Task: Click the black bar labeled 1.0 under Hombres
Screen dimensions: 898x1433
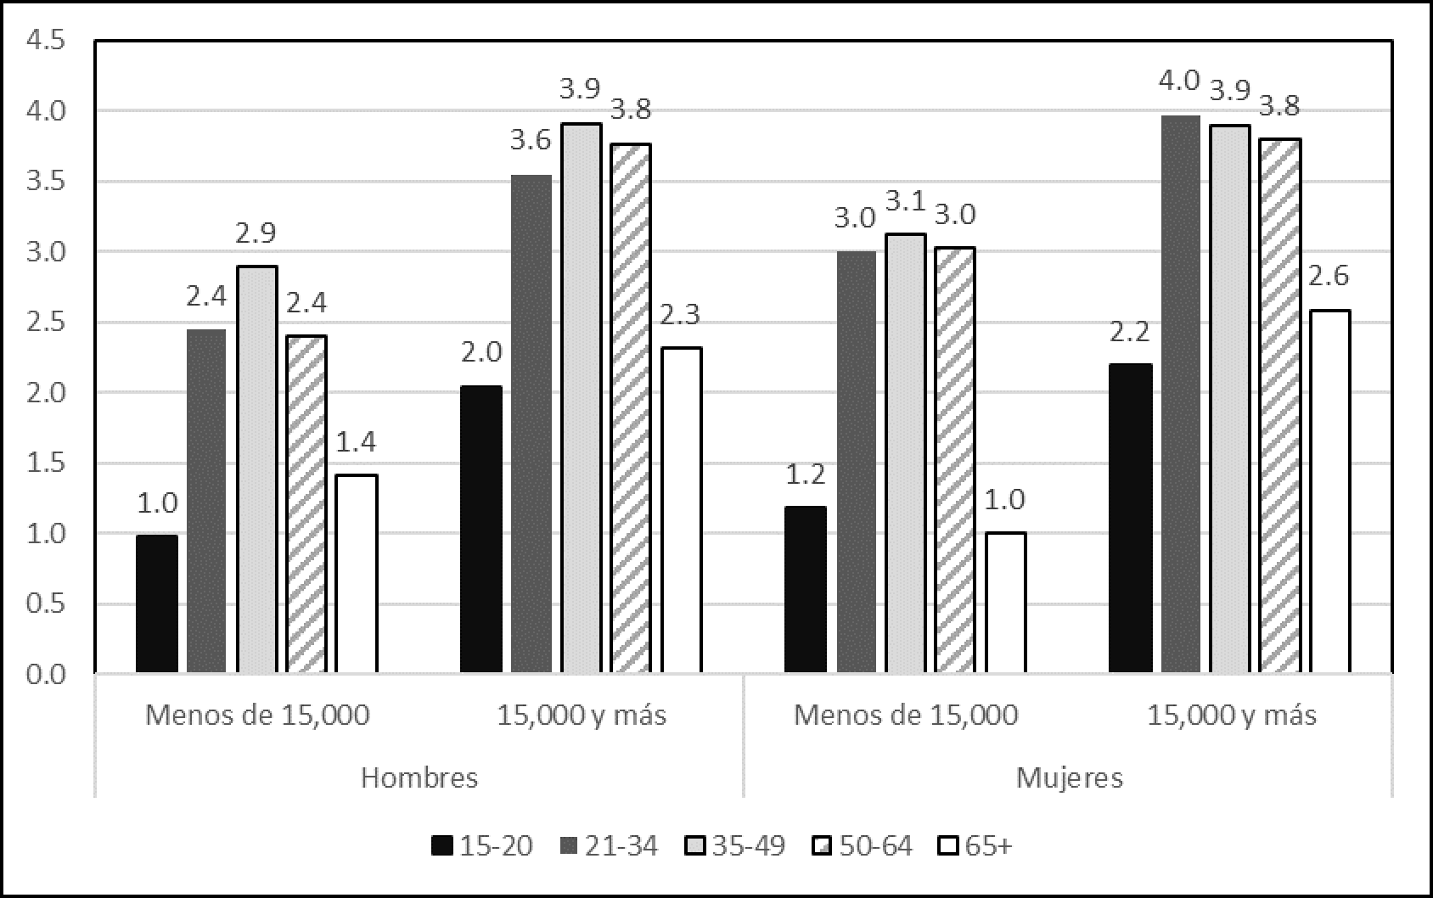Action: click(157, 604)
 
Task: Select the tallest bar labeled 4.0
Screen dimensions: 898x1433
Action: click(1181, 395)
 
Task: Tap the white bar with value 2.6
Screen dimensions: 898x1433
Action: click(1330, 492)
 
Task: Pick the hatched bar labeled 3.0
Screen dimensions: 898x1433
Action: click(956, 461)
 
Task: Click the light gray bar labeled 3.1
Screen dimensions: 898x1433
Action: click(906, 454)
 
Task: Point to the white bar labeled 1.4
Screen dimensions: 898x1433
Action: click(357, 574)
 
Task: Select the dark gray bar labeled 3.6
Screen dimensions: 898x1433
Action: click(531, 424)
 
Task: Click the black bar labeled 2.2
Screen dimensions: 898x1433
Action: click(1131, 519)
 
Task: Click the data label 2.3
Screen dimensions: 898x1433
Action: click(681, 316)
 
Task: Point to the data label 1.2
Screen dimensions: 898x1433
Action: click(806, 474)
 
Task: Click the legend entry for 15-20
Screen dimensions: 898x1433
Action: click(482, 846)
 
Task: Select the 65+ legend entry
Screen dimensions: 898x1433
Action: click(976, 846)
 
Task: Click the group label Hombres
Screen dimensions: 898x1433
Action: click(419, 777)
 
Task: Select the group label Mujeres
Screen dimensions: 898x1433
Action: click(1070, 777)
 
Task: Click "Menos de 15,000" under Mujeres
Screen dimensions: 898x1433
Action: click(906, 716)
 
